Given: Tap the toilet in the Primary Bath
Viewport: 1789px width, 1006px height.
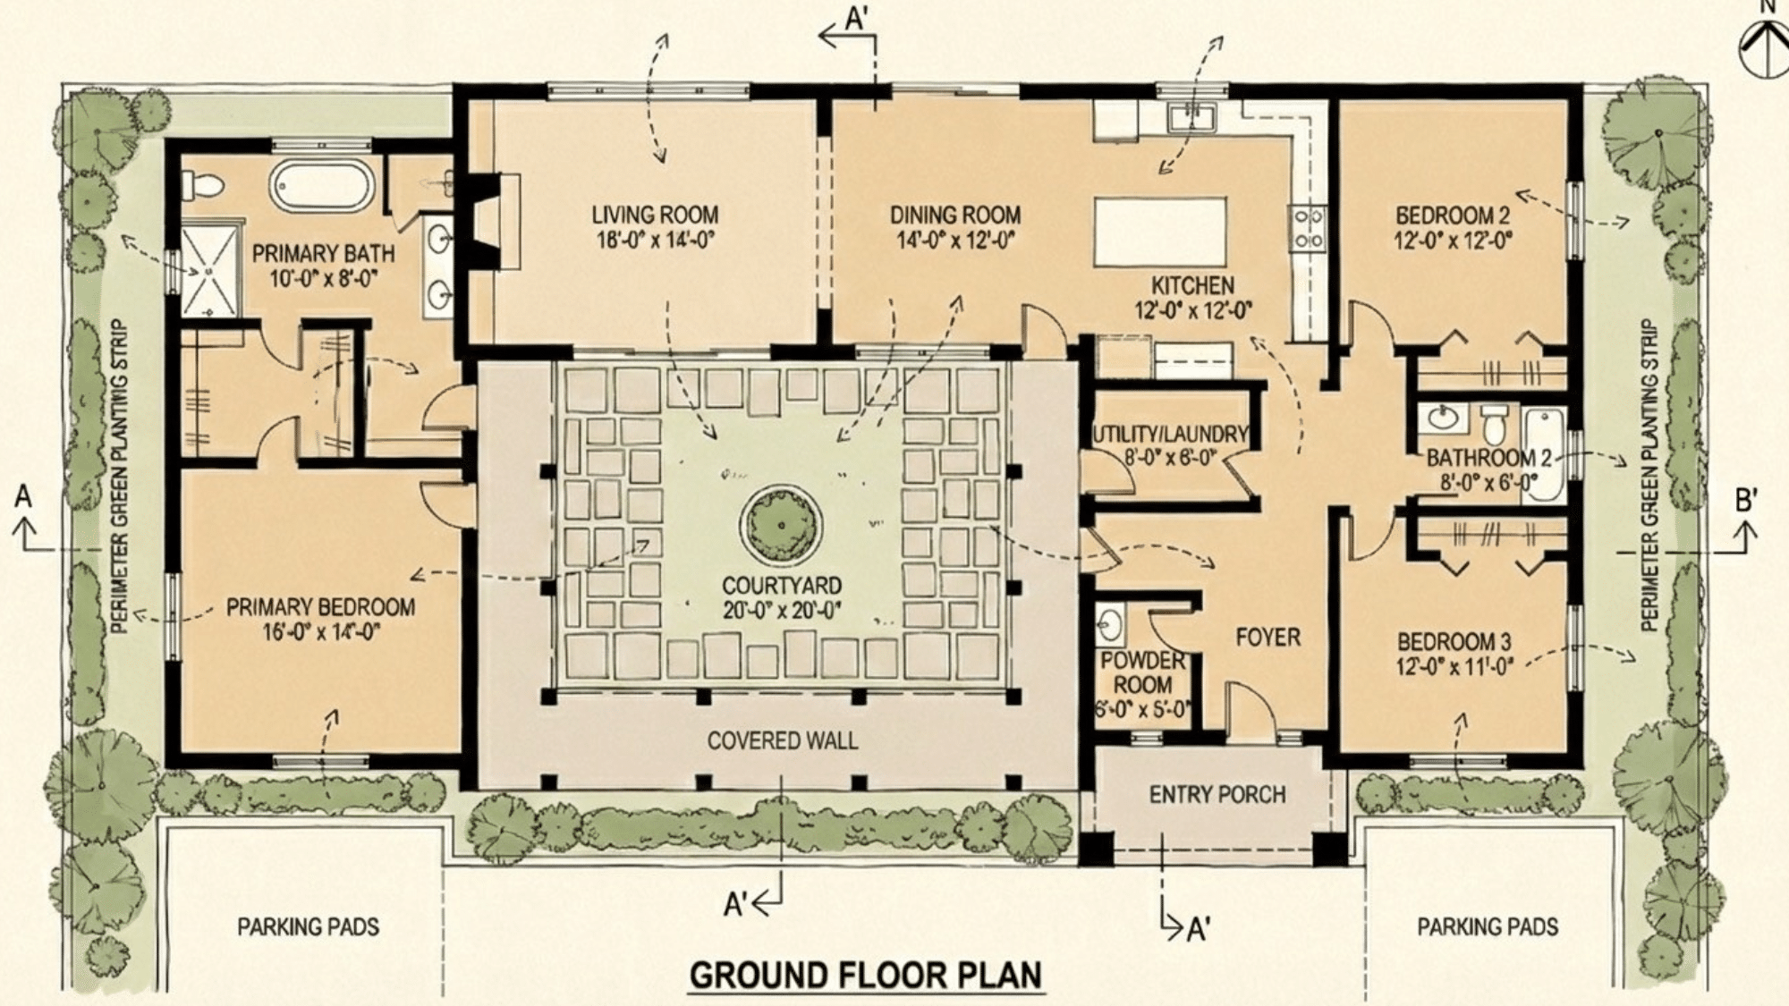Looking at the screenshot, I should coord(205,185).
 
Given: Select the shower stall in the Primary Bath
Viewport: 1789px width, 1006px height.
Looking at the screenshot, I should coord(210,271).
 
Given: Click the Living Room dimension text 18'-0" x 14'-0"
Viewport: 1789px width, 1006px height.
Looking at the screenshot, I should coord(655,241).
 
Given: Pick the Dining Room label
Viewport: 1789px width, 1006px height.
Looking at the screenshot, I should coord(954,216).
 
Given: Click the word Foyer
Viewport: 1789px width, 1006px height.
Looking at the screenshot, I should coord(1268,638).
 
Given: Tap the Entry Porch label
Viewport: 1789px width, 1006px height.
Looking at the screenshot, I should coord(1217,794).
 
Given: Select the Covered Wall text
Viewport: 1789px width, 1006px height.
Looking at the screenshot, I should coord(782,740).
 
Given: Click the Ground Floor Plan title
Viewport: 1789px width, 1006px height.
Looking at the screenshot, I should coord(866,975).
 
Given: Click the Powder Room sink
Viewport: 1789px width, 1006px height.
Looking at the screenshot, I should coord(1110,623).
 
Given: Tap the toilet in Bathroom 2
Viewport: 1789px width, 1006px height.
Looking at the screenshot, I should coord(1493,427).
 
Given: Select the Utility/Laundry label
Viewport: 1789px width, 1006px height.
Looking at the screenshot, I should coord(1169,435).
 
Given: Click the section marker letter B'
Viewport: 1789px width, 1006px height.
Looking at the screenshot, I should coord(1746,501).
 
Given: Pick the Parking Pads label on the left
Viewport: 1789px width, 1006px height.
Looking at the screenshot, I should coord(308,926).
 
